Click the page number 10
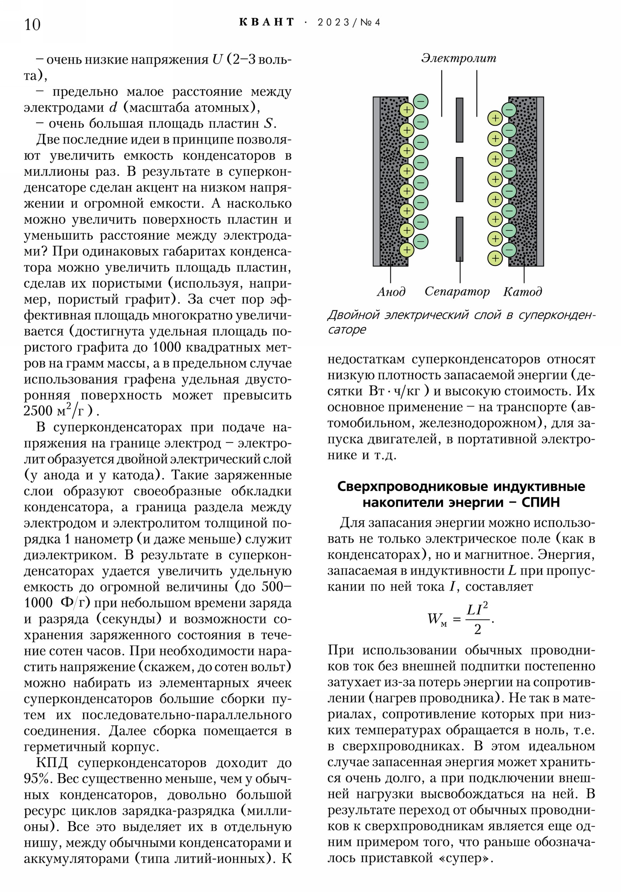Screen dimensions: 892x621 coord(32,24)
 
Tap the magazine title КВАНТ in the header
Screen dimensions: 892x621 coord(267,22)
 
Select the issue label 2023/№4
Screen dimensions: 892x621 coord(349,22)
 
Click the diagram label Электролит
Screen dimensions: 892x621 coord(459,58)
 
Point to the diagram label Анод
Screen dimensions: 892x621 coord(391,291)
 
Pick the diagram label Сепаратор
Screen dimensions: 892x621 coord(457,291)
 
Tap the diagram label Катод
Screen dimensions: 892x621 coord(522,291)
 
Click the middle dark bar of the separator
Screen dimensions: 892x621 coord(460,180)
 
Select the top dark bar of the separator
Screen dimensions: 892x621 coord(460,120)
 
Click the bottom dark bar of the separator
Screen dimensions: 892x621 coord(460,239)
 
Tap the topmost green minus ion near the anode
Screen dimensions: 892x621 coord(420,102)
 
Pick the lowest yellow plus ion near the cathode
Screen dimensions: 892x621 coord(495,258)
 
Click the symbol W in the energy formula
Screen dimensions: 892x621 coord(434,619)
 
